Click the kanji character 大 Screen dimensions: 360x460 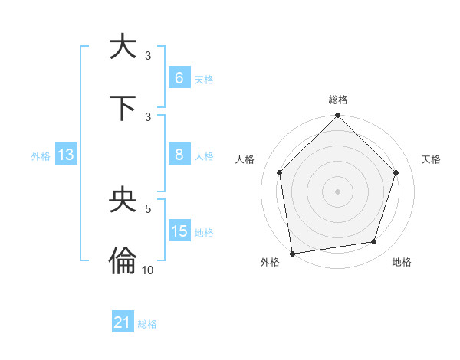[123, 46]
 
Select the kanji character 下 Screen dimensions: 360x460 [123, 107]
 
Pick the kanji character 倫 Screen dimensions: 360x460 [123, 261]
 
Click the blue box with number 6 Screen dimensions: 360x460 [179, 78]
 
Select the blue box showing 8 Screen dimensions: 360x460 [179, 155]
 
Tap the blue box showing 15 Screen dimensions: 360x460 [179, 231]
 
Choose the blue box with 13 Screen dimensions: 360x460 [66, 155]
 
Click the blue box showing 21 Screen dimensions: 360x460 [123, 322]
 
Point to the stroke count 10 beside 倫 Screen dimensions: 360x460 [148, 270]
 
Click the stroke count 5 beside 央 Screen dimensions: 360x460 [148, 208]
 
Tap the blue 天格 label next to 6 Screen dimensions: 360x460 [204, 80]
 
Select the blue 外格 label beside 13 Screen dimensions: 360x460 [41, 155]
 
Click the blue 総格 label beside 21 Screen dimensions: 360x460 [147, 324]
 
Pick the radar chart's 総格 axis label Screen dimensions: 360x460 [338, 100]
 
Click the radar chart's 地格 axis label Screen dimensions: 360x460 [402, 263]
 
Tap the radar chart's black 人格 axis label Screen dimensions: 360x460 [245, 159]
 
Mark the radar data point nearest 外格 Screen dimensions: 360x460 [292, 253]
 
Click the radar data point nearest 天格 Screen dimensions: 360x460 [396, 172]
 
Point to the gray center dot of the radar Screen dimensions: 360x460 [338, 191]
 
